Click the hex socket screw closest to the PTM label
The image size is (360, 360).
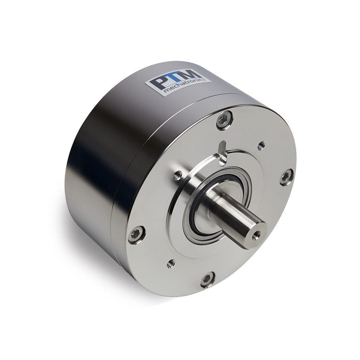pyautogui.click(x=224, y=120)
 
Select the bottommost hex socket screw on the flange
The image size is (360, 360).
pyautogui.click(x=208, y=279)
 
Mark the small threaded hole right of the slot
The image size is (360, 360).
pyautogui.click(x=261, y=146)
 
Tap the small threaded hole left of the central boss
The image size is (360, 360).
pyautogui.click(x=177, y=176)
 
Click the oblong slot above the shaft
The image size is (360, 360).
pyautogui.click(x=223, y=153)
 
